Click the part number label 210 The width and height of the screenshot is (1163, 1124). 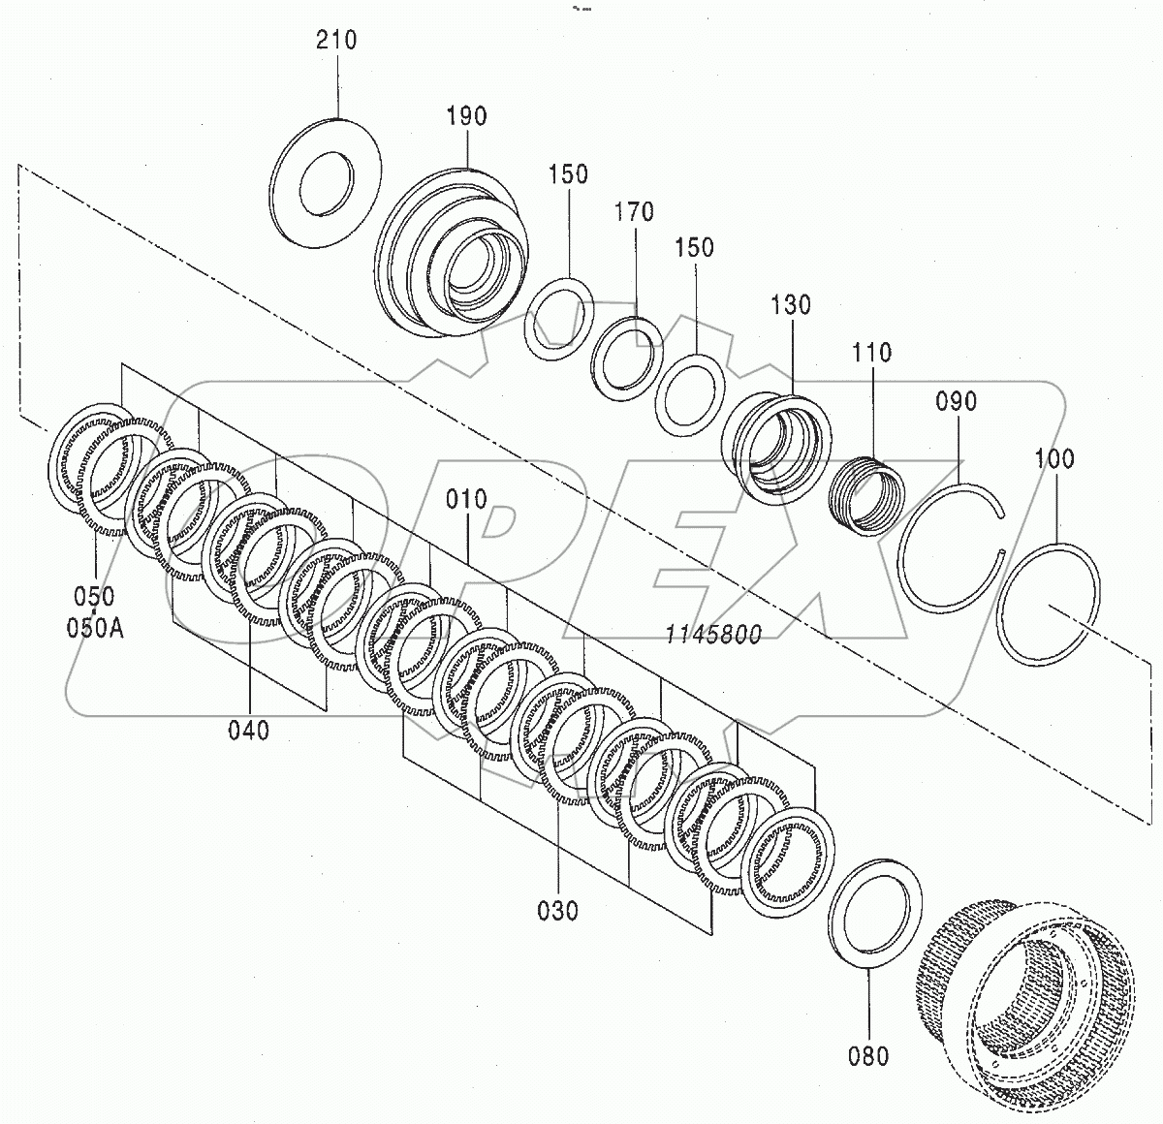[x=336, y=41]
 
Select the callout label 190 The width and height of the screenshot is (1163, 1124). [x=467, y=116]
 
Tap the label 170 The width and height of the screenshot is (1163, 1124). [x=634, y=211]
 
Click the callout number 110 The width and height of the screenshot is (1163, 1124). [x=872, y=352]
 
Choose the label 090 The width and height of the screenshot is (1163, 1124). [x=957, y=401]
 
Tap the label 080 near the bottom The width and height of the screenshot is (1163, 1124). [x=868, y=1055]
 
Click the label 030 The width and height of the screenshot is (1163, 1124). [x=557, y=911]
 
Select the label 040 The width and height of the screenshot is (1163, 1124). [x=249, y=730]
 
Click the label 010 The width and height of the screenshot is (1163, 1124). [x=467, y=501]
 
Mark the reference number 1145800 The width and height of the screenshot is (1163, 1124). [x=713, y=634]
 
